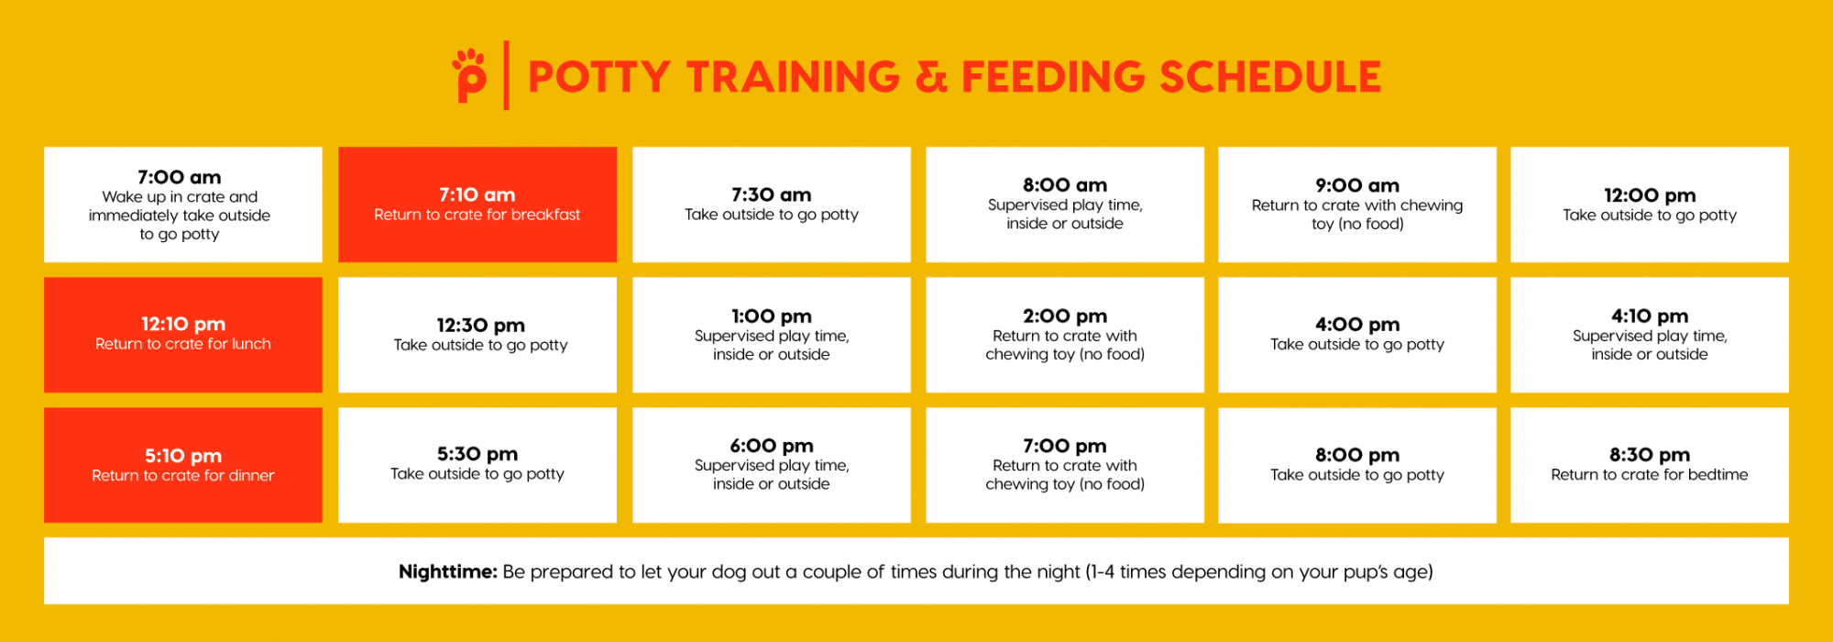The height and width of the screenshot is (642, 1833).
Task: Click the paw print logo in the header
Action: [469, 74]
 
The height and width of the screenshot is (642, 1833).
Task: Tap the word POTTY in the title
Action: [599, 77]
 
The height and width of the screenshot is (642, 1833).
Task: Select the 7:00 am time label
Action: [180, 177]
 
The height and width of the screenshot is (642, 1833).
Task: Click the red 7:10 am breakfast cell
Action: [477, 205]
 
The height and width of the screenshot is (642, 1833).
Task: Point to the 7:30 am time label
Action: [772, 194]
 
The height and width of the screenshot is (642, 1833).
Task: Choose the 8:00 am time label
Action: [1065, 185]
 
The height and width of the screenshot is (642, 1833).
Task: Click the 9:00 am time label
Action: [1357, 185]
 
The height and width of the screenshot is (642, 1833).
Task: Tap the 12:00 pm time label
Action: [1650, 195]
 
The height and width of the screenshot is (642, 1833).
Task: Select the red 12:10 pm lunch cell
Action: [183, 335]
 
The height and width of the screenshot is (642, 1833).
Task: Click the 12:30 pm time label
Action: [481, 326]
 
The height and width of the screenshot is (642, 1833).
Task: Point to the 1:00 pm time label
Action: [772, 316]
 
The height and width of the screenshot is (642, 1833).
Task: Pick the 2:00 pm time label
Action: [1065, 316]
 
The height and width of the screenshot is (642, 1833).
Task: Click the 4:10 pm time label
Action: [1650, 316]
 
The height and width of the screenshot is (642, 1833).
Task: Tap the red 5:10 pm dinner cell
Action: [183, 465]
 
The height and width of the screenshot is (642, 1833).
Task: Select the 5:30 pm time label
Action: [477, 454]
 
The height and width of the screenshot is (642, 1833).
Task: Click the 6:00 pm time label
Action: [772, 446]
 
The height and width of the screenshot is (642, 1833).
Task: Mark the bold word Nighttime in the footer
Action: [448, 571]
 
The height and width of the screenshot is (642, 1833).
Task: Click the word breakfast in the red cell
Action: [546, 215]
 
